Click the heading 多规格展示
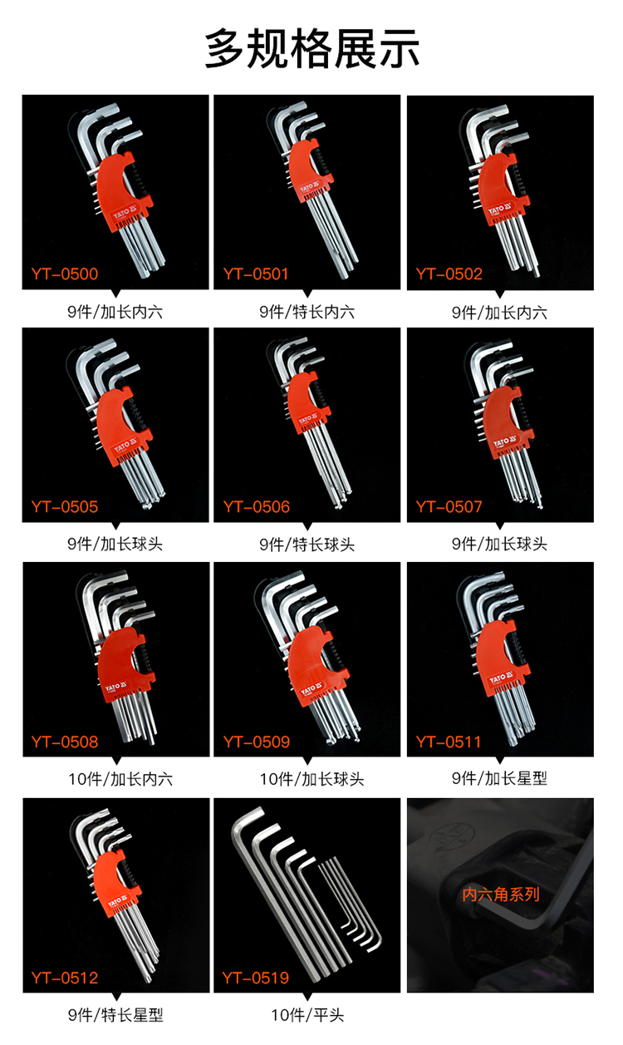pos(311,48)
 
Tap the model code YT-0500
pos(65,274)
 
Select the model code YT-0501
pos(256,274)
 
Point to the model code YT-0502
pos(449,274)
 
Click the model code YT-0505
pos(65,506)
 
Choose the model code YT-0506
pos(257,506)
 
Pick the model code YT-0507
pos(449,506)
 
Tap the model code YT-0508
pos(65,742)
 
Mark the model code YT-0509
pos(257,742)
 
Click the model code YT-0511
pos(449,742)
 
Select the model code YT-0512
pos(65,978)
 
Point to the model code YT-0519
pos(255,978)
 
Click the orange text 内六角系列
pos(500,895)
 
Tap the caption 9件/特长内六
pos(307,312)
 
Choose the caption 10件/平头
pos(307,1015)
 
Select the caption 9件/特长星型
pos(115,1015)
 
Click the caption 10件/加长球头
pos(311,779)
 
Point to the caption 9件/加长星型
pos(499,778)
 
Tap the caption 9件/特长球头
pos(307,544)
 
